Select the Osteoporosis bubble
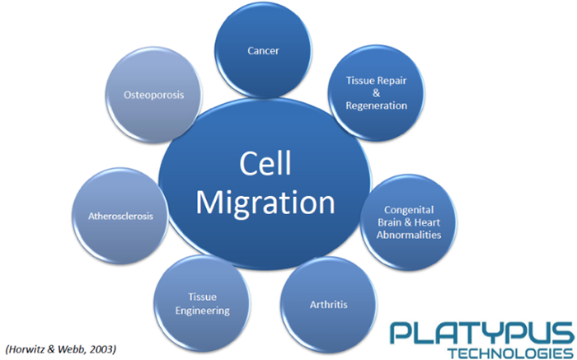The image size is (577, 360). click(152, 95)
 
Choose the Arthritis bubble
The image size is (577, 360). click(326, 305)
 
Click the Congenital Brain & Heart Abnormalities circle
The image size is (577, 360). click(407, 222)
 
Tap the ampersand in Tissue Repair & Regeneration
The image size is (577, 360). click(376, 94)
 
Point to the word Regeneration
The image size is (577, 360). click(376, 105)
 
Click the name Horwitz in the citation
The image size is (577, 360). click(28, 349)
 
